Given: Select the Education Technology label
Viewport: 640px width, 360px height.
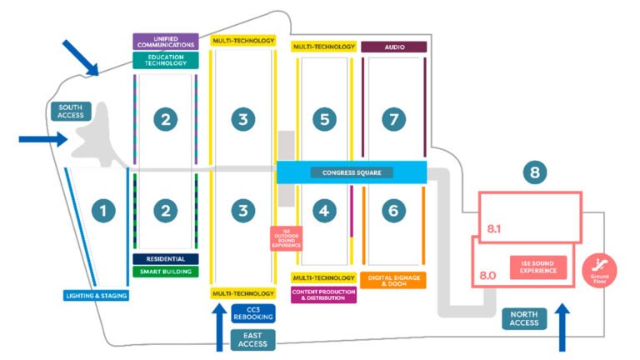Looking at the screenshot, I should pyautogui.click(x=165, y=60).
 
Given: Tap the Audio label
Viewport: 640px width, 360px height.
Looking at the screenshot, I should pyautogui.click(x=393, y=47).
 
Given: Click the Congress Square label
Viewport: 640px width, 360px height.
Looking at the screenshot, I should pyautogui.click(x=351, y=173).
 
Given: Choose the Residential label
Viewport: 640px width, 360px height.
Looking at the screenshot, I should pyautogui.click(x=165, y=259).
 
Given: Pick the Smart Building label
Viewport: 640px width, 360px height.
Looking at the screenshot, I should pyautogui.click(x=165, y=272).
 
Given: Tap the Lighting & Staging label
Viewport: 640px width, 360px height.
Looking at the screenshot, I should pyautogui.click(x=97, y=295).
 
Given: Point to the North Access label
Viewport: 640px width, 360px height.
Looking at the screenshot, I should pyautogui.click(x=525, y=319).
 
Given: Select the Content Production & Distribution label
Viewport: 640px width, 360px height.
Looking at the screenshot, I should pyautogui.click(x=323, y=295).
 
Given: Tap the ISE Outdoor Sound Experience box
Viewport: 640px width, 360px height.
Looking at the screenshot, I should pyautogui.click(x=286, y=238).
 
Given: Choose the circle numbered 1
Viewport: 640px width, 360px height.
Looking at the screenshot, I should pyautogui.click(x=103, y=211).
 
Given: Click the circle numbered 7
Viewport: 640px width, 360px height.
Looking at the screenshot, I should pyautogui.click(x=392, y=119).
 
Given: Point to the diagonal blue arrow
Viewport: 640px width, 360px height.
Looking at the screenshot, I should pyautogui.click(x=82, y=56).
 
